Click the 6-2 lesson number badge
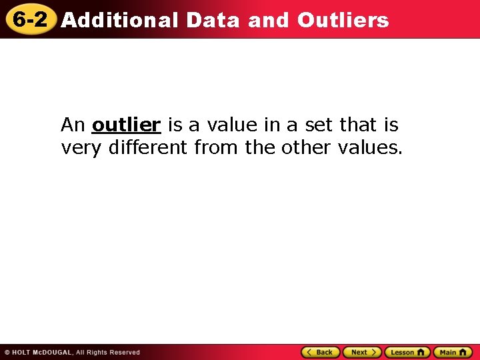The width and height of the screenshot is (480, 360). pyautogui.click(x=30, y=19)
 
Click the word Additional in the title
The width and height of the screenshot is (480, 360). pyautogui.click(x=120, y=21)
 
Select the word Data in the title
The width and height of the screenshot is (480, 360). pyautogui.click(x=213, y=21)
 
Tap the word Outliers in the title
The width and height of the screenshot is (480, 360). pyautogui.click(x=343, y=21)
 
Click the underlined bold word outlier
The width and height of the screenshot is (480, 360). pyautogui.click(x=127, y=125)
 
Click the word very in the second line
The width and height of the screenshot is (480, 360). pyautogui.click(x=79, y=147)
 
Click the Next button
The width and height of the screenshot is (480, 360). pyautogui.click(x=362, y=352)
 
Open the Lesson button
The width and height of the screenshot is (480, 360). pyautogui.click(x=407, y=352)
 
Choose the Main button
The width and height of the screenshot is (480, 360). pyautogui.click(x=453, y=352)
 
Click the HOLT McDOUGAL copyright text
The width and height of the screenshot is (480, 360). pyautogui.click(x=72, y=353)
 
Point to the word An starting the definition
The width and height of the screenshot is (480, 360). pyautogui.click(x=73, y=125)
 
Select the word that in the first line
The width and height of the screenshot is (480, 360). pyautogui.click(x=359, y=125)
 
